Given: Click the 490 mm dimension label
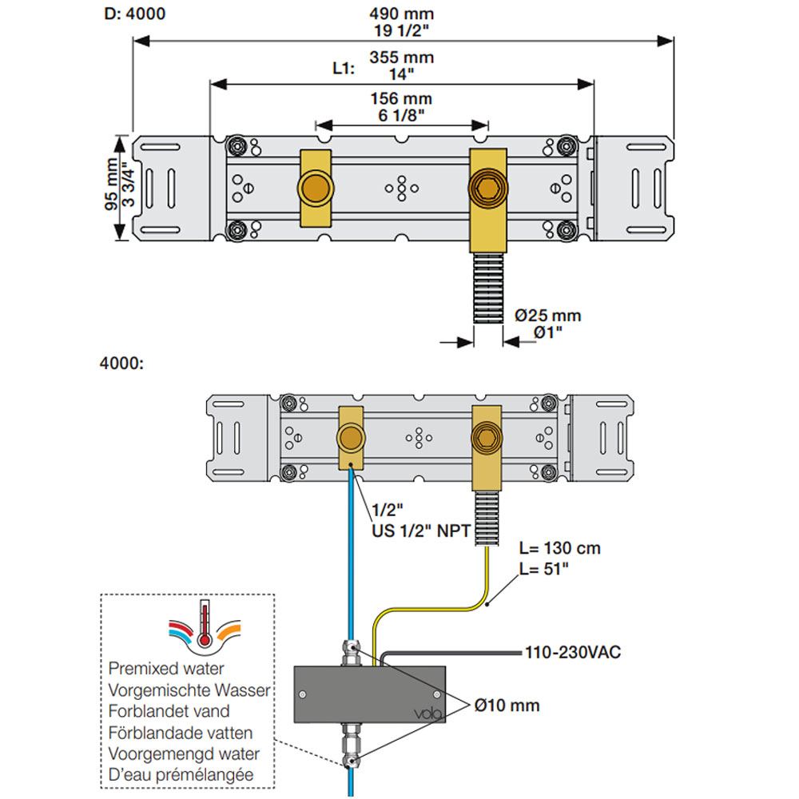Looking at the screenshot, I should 401,13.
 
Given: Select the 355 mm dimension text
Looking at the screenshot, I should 401,58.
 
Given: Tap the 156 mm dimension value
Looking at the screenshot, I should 401,99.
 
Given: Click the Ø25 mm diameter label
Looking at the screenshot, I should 548,316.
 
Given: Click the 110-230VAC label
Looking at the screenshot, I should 572,653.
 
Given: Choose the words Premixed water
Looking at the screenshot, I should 165,668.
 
